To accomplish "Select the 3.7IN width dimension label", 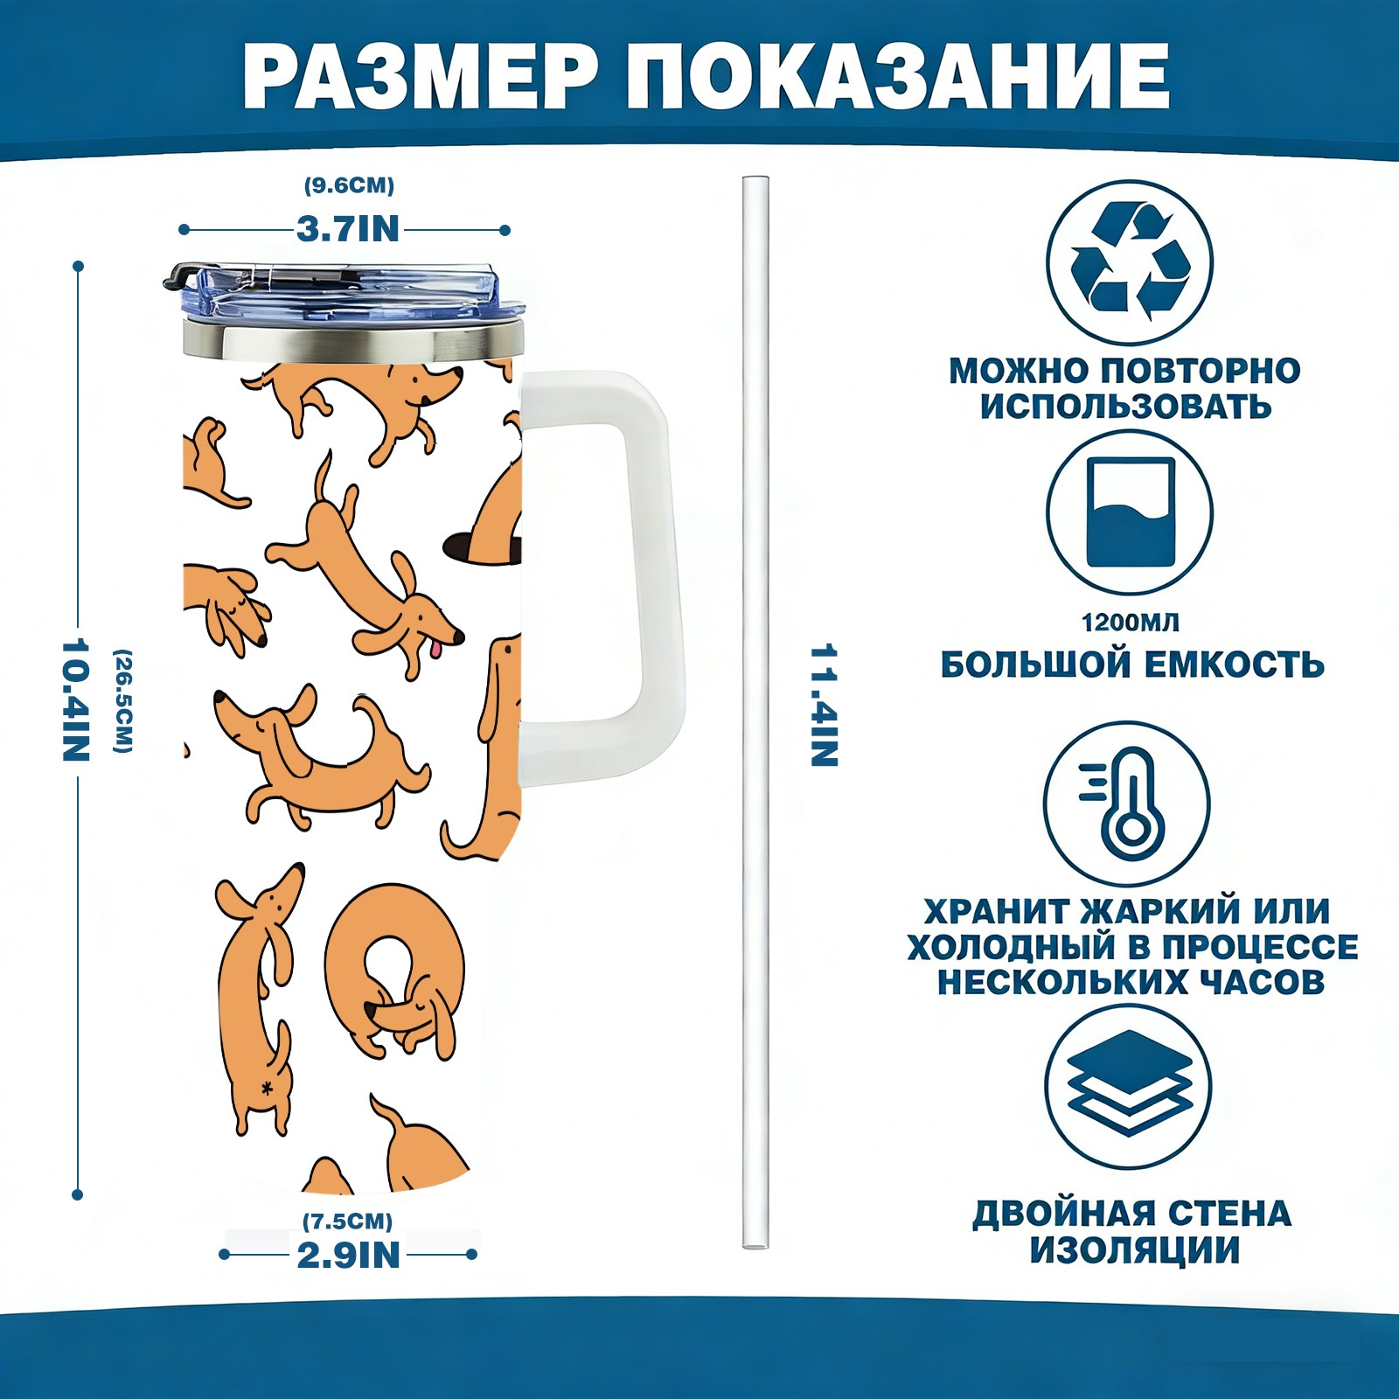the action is coord(347,229).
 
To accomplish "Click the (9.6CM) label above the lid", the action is coord(349,185).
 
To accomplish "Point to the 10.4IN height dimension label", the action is coord(76,699).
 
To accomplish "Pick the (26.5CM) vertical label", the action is coord(123,700).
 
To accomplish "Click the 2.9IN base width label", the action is coord(348,1256).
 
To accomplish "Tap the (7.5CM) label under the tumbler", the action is coord(347,1221).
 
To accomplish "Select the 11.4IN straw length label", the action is coord(824,705).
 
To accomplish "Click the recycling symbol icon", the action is coord(1130,261).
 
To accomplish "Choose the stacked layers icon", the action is coord(1130,1083).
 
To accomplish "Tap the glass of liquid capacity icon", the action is coord(1130,512).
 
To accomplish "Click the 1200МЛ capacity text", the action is coord(1130,623).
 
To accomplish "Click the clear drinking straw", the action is coord(755,712).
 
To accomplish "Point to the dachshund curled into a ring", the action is coord(395,971).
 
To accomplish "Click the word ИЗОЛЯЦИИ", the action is coord(1134,1250).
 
